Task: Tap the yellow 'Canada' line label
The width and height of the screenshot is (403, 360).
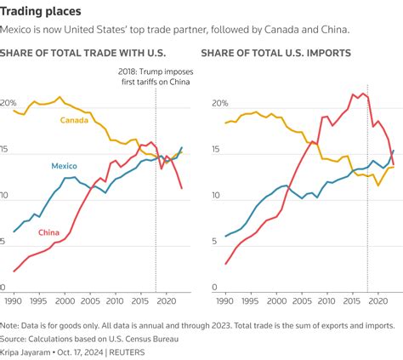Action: [76, 120]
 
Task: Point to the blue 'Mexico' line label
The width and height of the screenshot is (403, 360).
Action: [66, 166]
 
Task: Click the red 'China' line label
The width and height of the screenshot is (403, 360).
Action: [48, 232]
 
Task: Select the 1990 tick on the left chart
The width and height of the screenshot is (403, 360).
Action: [14, 301]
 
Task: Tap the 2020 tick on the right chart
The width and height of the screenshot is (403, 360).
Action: [377, 301]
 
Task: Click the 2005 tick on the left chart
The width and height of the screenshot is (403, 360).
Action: [87, 301]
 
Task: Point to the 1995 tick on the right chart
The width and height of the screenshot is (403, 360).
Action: [249, 301]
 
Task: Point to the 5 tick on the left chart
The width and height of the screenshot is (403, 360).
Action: [7, 243]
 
